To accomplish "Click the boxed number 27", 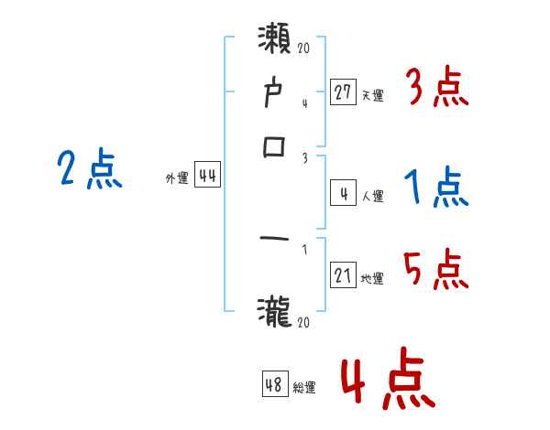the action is pyautogui.click(x=343, y=92).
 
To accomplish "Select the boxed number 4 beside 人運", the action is pyautogui.click(x=343, y=193).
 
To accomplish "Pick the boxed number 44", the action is pyautogui.click(x=207, y=177).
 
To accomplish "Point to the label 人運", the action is pyautogui.click(x=372, y=196).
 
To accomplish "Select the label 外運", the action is pyautogui.click(x=176, y=179).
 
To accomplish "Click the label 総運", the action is pyautogui.click(x=304, y=387).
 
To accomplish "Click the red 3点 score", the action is pyautogui.click(x=436, y=88).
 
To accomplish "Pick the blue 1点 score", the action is pyautogui.click(x=436, y=187).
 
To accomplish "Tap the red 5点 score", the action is pyautogui.click(x=436, y=269).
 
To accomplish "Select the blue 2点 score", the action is pyautogui.click(x=90, y=170).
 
